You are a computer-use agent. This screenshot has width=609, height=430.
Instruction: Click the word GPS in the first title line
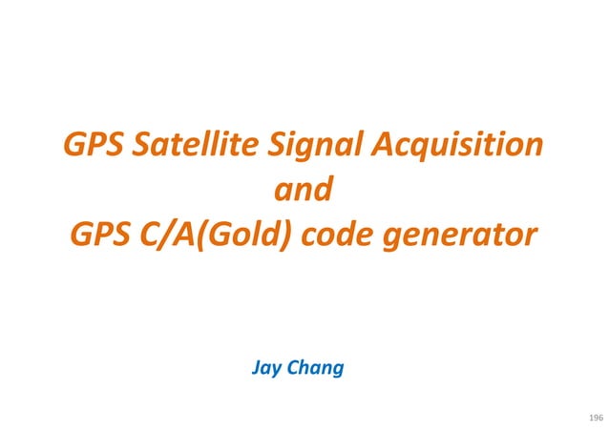pos(93,147)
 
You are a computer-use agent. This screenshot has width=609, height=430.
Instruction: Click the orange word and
pos(304,190)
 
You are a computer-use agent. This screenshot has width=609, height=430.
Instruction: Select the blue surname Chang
pos(316,367)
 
